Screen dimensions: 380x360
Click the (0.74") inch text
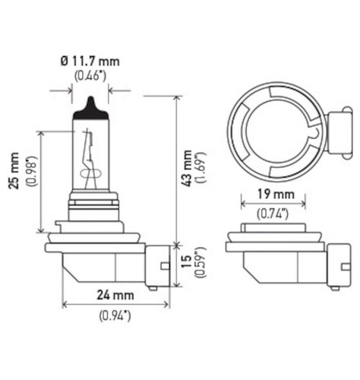click(273, 214)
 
